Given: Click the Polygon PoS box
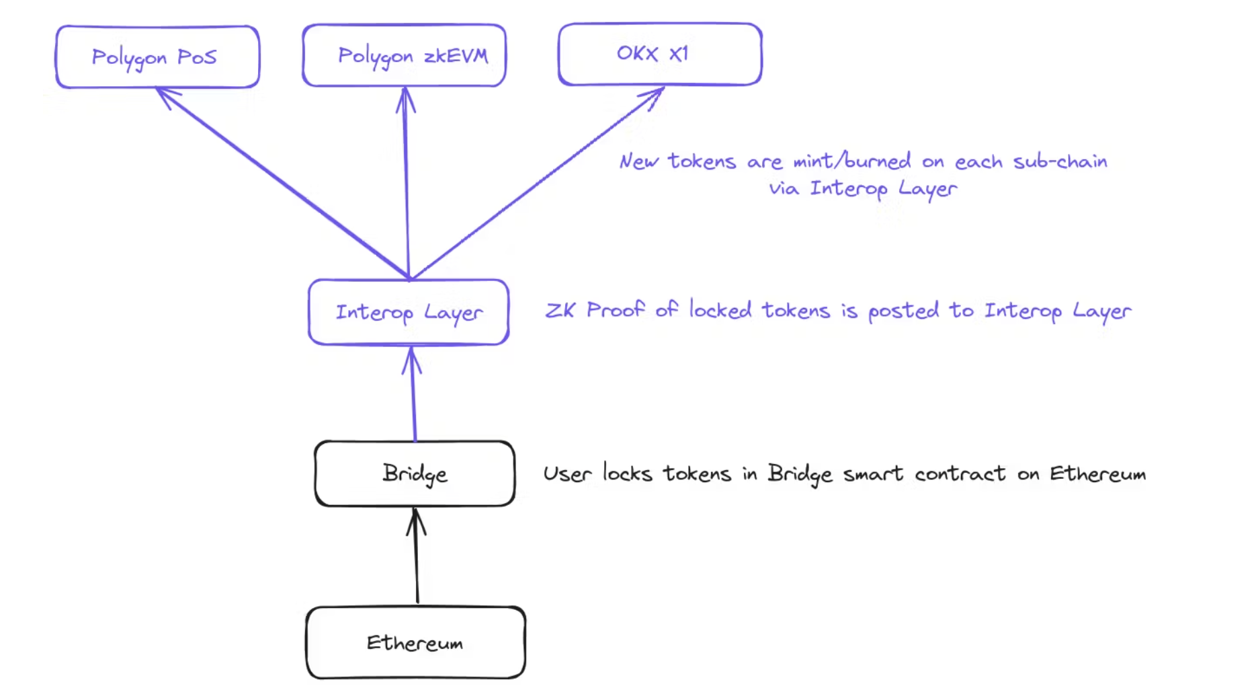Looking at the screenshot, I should coord(157,57).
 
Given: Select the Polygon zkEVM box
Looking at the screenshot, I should coord(404,55).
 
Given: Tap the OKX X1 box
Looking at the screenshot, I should coord(660,54).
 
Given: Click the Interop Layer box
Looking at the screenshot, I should coord(409,312).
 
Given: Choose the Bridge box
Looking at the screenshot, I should coord(415,473).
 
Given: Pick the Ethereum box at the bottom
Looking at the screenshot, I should coord(415,642).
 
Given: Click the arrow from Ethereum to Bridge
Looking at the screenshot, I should coord(417,558).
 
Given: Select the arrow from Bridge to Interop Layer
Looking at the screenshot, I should coord(413,397).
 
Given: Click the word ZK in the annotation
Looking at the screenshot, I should coord(560,310).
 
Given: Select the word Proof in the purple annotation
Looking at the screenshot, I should coord(615,309).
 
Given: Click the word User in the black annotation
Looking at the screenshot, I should coord(567,473).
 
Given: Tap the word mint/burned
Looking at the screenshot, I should coord(852,161).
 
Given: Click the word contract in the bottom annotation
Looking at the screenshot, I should coord(960,473).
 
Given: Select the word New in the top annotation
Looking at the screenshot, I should coord(638,161).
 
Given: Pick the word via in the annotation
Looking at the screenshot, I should coord(784,188).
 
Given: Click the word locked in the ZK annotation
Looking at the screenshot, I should coord(720,310).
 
